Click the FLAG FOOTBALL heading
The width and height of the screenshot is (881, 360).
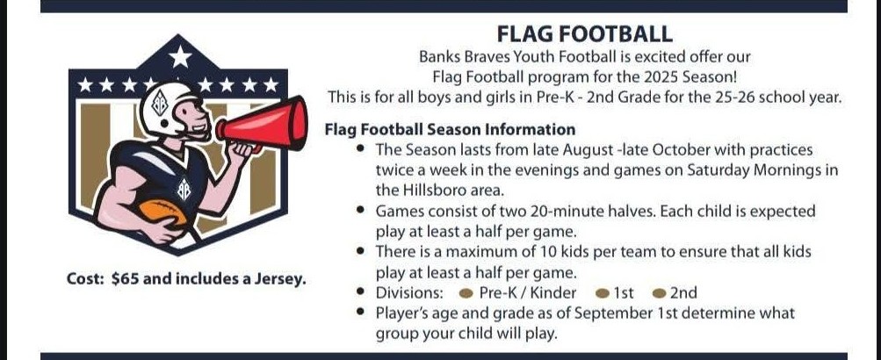click(584, 34)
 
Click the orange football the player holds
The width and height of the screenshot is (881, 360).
click(163, 212)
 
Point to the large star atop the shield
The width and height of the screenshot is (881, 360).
click(180, 56)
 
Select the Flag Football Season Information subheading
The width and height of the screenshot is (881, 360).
click(450, 130)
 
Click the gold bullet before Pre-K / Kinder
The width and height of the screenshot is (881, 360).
click(466, 293)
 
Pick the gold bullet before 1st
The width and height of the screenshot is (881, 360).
click(603, 293)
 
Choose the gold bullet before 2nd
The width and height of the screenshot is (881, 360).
click(661, 293)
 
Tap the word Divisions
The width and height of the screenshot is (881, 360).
click(409, 292)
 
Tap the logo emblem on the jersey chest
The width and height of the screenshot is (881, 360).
click(184, 189)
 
